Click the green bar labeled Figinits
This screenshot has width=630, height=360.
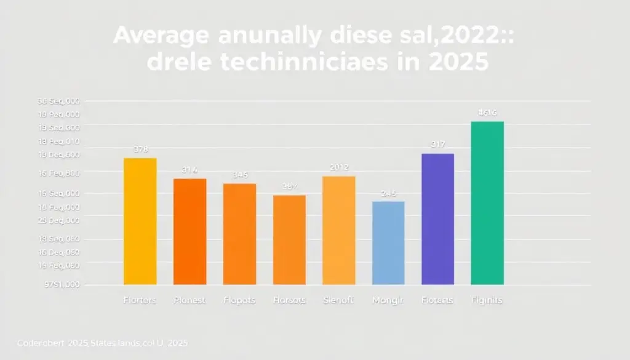[x=487, y=203]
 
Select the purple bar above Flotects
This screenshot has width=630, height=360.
[x=437, y=218]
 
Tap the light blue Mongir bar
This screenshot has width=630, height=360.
[x=388, y=243]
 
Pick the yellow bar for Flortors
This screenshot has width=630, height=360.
[x=140, y=222]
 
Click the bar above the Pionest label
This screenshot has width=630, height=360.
[x=190, y=231]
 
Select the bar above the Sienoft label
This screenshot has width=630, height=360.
[x=338, y=230]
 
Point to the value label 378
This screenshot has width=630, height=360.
[x=140, y=149]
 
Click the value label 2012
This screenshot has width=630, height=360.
[x=338, y=167]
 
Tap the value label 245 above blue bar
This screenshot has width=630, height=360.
[x=388, y=193]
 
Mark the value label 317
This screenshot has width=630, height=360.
[x=437, y=145]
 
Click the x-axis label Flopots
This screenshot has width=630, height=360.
[x=239, y=300]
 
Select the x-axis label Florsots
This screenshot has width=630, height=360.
[x=289, y=300]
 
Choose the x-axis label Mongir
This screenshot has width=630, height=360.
[x=388, y=300]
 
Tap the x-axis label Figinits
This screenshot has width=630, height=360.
[x=487, y=300]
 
